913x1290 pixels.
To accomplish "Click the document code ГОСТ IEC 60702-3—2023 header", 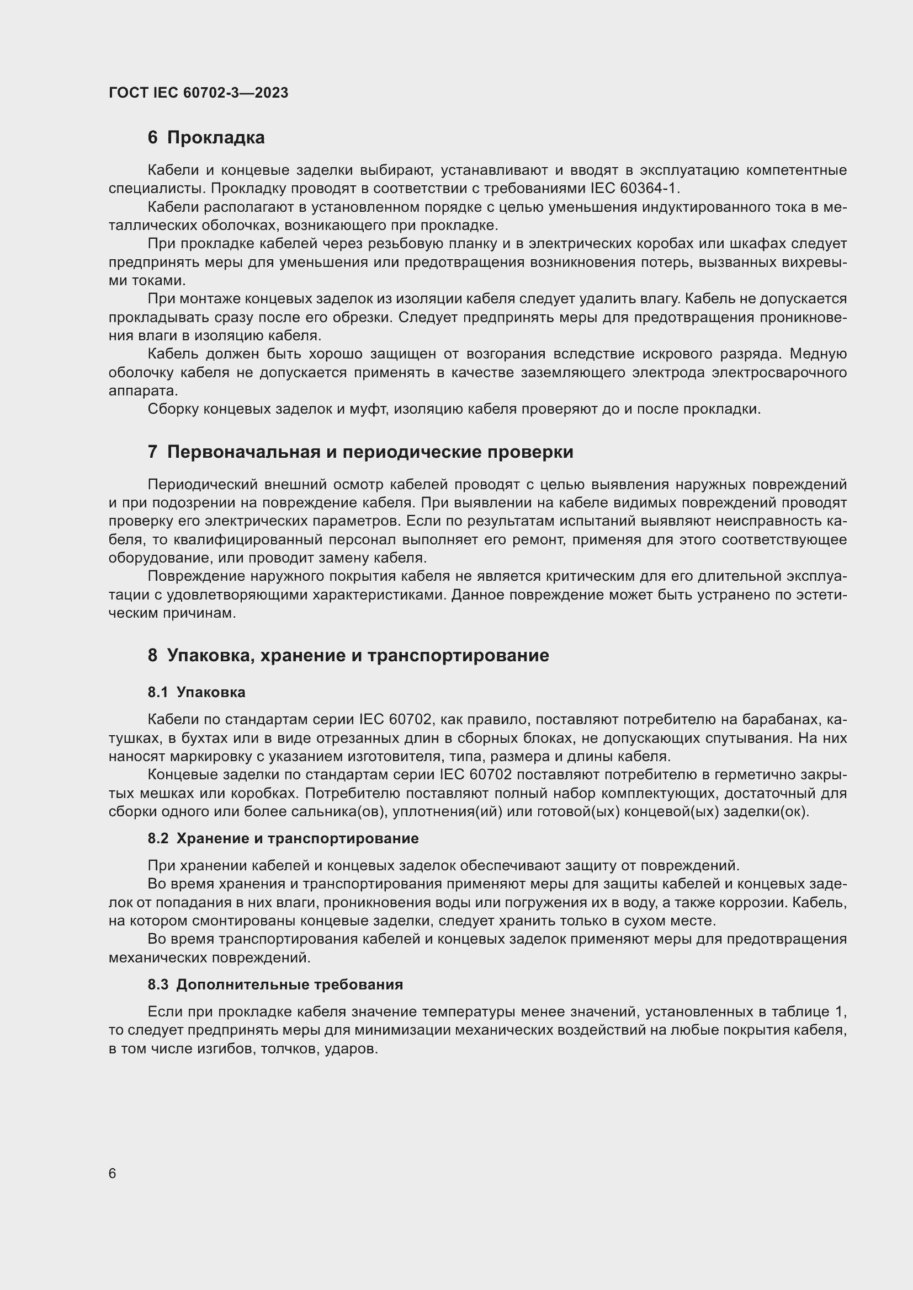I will coord(199,93).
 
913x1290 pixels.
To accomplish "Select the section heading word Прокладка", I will coord(216,138).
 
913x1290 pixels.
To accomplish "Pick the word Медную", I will coord(818,354).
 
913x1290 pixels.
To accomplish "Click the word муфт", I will coord(368,409).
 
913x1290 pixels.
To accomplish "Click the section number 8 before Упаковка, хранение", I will coord(152,656).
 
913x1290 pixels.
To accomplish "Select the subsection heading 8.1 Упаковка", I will coord(197,692).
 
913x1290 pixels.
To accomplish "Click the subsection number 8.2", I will coord(158,839).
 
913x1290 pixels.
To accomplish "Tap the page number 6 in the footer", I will coord(113,1174).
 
